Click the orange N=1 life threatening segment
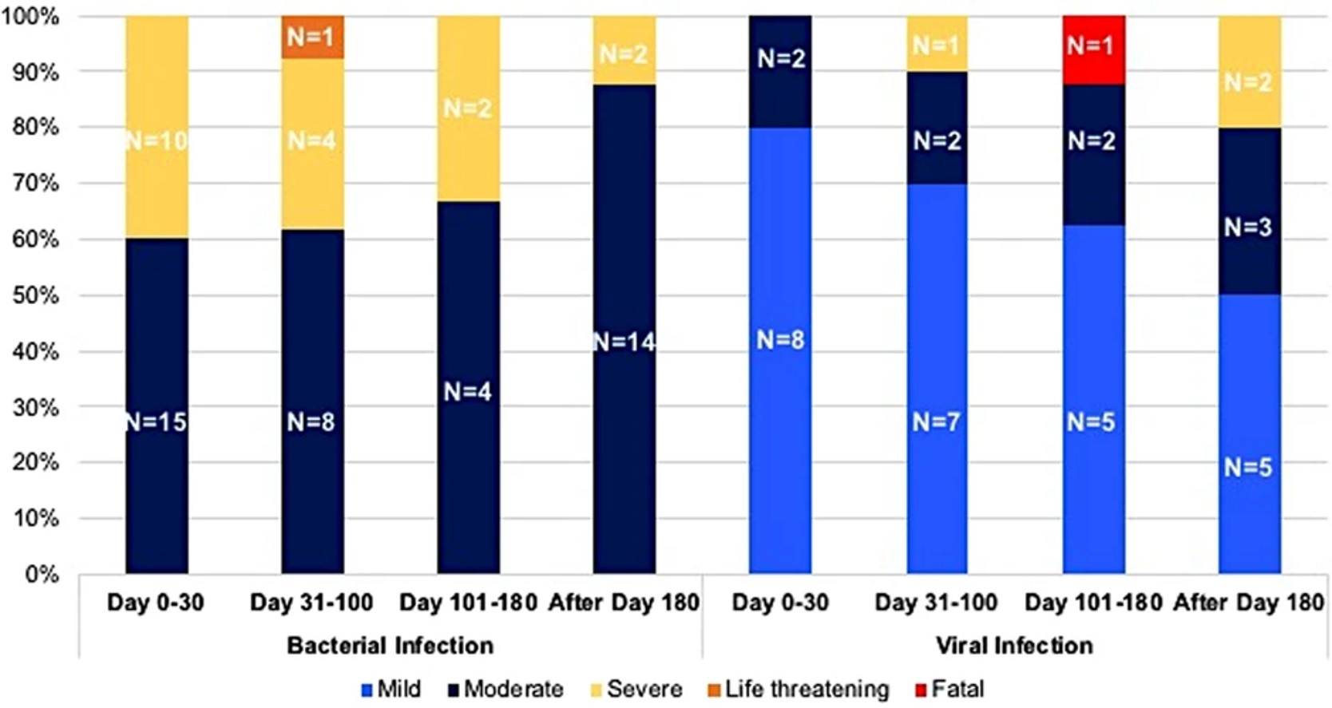[312, 37]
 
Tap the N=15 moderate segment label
[157, 421]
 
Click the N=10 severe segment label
[157, 141]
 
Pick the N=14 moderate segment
[624, 342]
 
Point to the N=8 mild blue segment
[780, 341]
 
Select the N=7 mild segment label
[936, 421]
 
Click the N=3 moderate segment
[1248, 227]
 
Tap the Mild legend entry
[390, 689]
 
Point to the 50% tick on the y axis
[36, 295]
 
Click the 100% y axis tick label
[32, 16]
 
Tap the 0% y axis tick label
[42, 574]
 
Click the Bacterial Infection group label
[390, 645]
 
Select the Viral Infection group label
[1014, 645]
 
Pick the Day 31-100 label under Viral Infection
[936, 603]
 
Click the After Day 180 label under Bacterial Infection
[624, 603]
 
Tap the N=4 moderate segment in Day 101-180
[468, 391]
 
